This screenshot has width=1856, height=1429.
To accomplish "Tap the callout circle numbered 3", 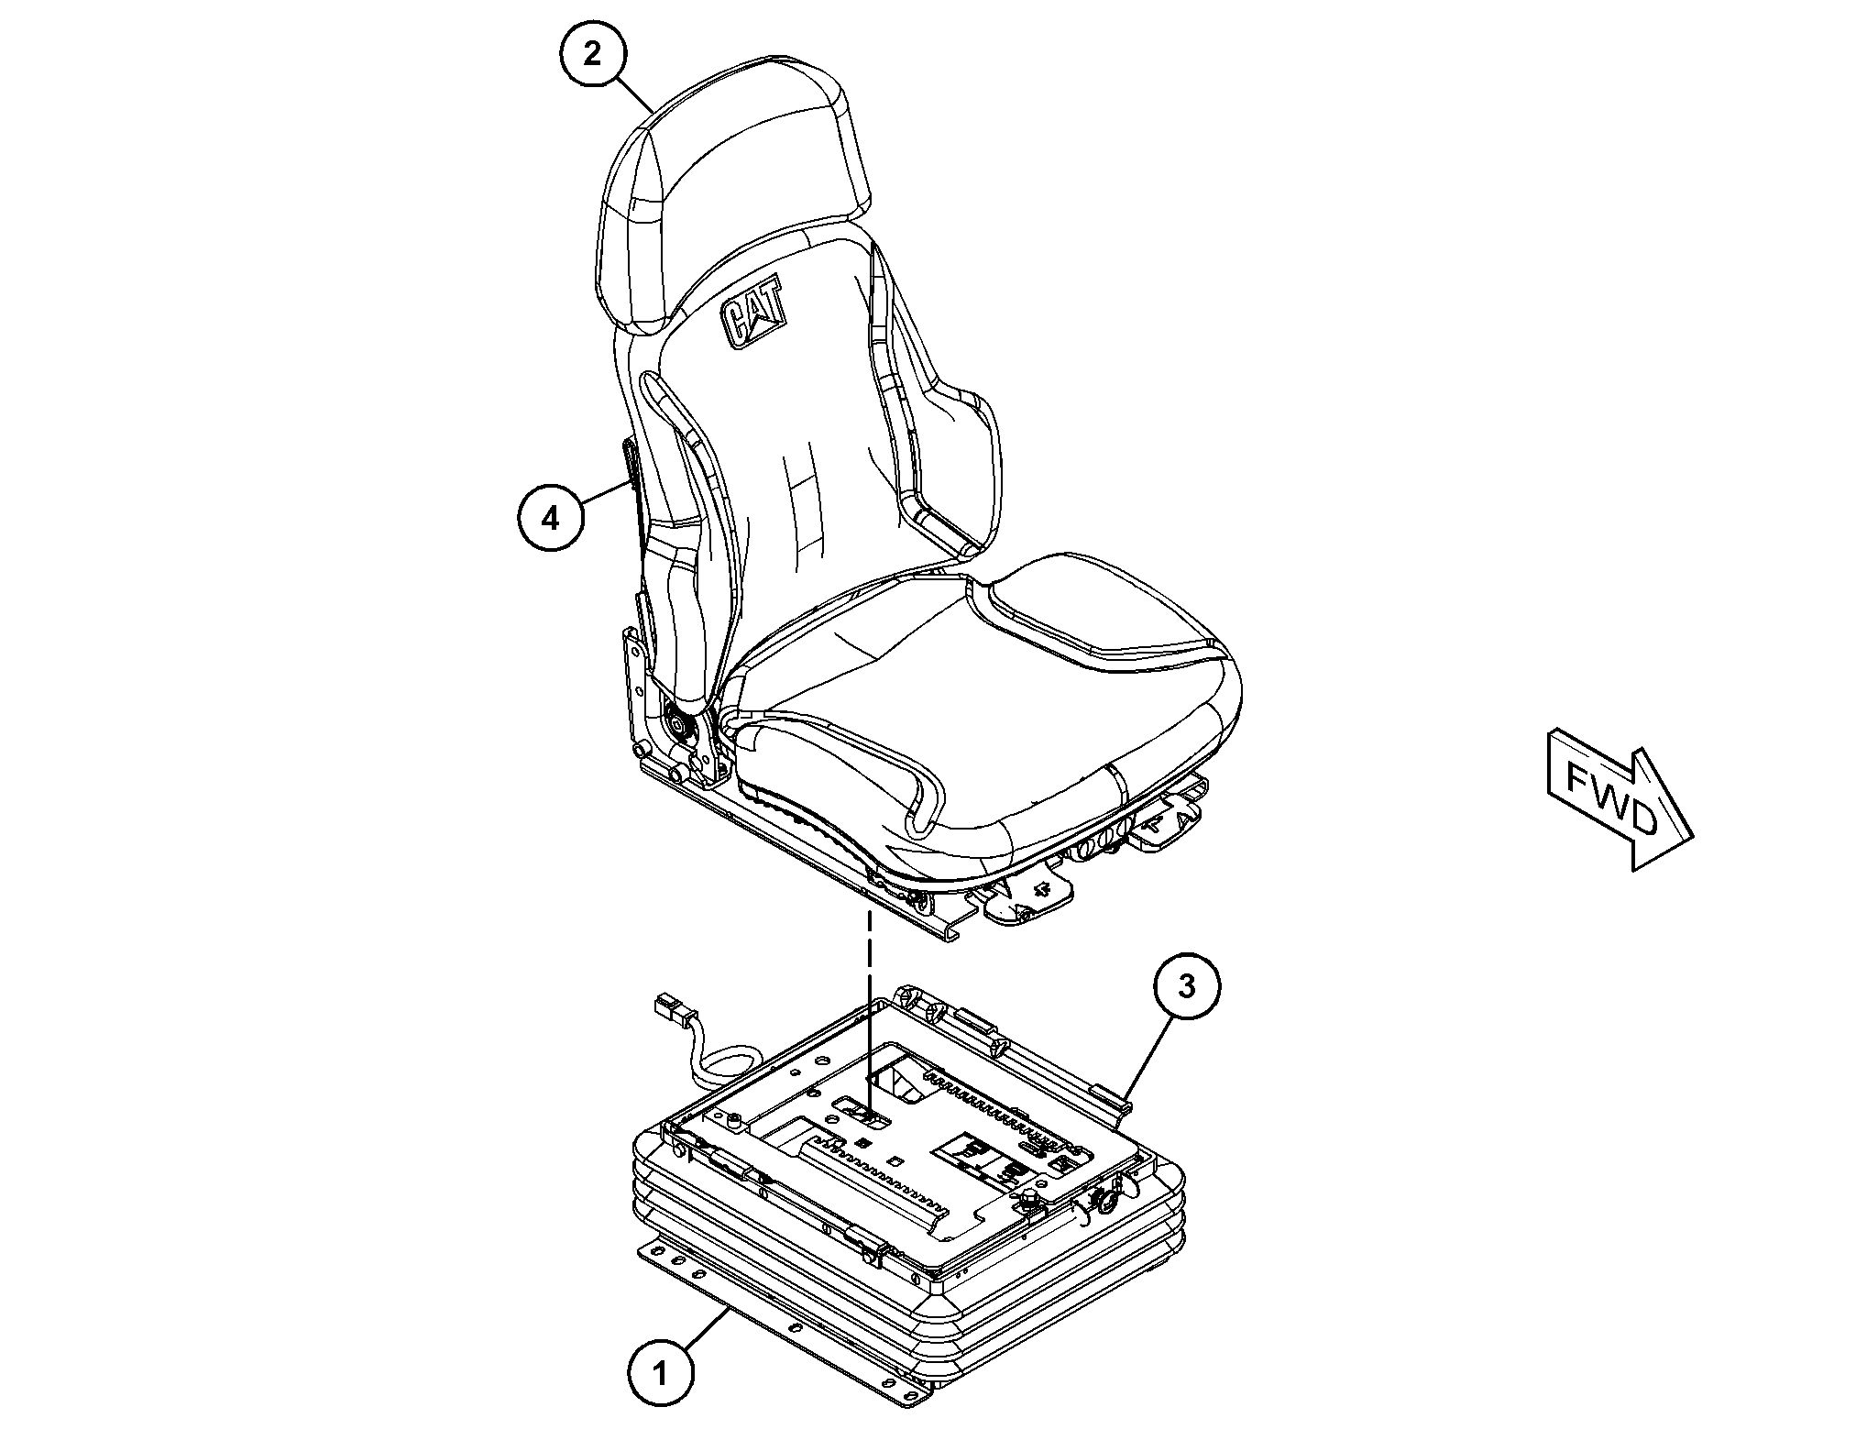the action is tap(1187, 987).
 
